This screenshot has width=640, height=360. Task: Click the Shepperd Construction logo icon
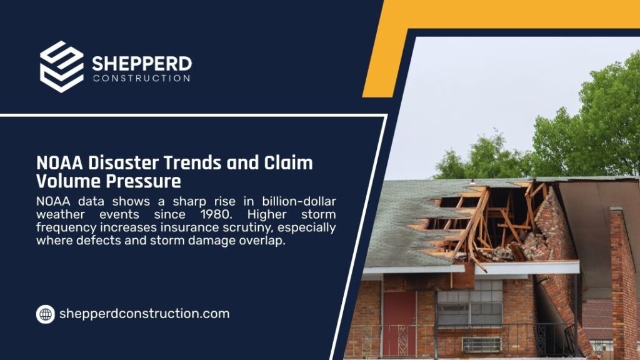[61, 66]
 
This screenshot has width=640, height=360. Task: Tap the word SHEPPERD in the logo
[142, 64]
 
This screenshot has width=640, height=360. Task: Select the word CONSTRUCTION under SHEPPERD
[141, 79]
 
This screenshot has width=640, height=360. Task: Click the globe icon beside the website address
[45, 314]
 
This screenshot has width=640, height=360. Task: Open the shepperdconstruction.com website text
[144, 314]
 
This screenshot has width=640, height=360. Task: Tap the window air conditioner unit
[481, 344]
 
